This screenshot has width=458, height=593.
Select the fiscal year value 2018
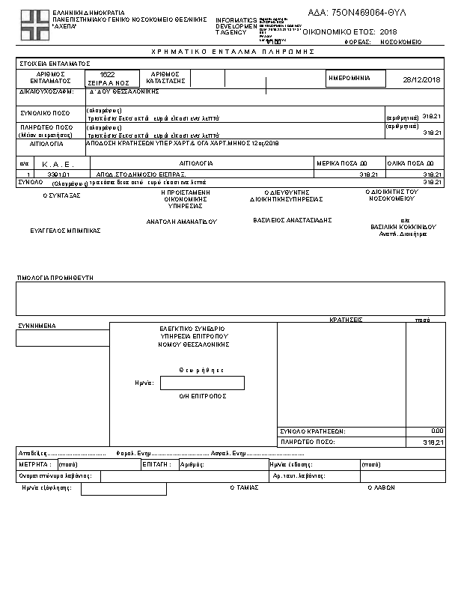coord(388,32)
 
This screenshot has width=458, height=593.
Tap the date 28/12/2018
coord(422,80)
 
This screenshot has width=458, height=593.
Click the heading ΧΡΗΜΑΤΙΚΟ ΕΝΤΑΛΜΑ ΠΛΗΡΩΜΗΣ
coord(232,51)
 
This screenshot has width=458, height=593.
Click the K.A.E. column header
coord(55,162)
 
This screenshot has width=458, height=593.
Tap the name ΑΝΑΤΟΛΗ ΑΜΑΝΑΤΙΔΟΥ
coord(181,222)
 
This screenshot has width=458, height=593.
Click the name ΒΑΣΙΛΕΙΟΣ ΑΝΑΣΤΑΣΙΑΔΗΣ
coord(293,220)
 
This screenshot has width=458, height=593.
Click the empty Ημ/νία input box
coord(202,383)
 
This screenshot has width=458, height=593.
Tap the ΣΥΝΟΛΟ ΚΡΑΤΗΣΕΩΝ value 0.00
coord(438,431)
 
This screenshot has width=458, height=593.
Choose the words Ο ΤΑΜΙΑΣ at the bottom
coord(244,487)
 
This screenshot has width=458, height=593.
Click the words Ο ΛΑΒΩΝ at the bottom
coord(381,487)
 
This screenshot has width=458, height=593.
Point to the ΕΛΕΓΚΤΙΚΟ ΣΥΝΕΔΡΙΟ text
coord(192,329)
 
